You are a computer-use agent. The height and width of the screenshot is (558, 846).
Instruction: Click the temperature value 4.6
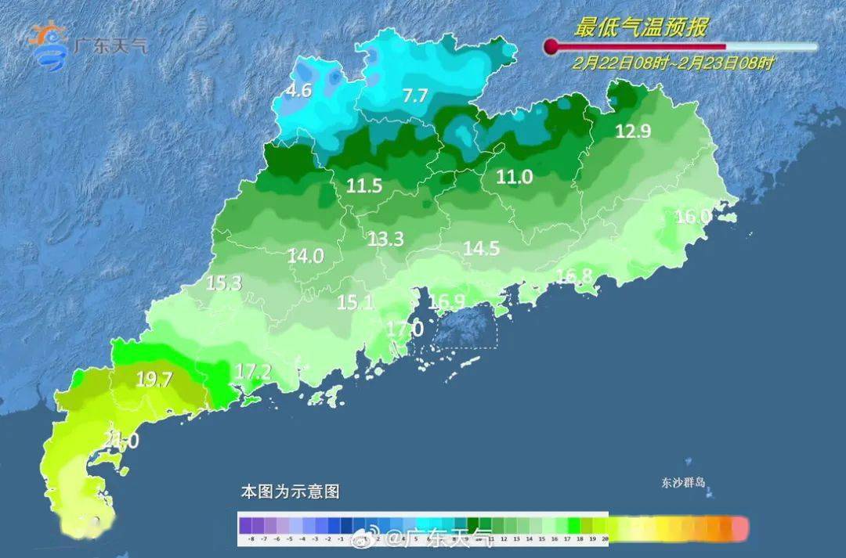tap(298, 91)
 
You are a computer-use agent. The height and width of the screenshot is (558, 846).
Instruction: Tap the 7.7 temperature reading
tap(415, 96)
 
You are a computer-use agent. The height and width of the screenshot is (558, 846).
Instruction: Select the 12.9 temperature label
tap(633, 131)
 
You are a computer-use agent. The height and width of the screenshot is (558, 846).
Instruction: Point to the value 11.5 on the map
tap(364, 186)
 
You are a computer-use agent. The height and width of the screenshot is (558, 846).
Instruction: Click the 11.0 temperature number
tap(514, 178)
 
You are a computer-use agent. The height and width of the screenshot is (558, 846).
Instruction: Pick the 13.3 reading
tap(385, 239)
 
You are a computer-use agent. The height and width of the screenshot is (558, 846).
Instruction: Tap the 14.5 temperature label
tap(481, 248)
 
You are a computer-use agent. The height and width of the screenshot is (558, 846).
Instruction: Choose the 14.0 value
tap(305, 255)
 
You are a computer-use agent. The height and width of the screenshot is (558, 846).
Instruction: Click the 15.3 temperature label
tap(223, 283)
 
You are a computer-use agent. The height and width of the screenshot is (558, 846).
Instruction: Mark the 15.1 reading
tap(355, 302)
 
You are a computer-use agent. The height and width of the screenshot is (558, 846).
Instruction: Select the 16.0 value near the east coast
tap(692, 217)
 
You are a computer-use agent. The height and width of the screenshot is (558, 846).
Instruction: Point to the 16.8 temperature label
tap(574, 275)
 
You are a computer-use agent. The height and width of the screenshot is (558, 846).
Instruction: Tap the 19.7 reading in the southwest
tap(154, 380)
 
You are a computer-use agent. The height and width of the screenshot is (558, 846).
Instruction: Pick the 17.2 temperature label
tap(252, 372)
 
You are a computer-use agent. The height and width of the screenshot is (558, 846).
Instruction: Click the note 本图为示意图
tap(290, 492)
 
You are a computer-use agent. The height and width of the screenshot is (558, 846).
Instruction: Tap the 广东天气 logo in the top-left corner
tap(86, 45)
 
